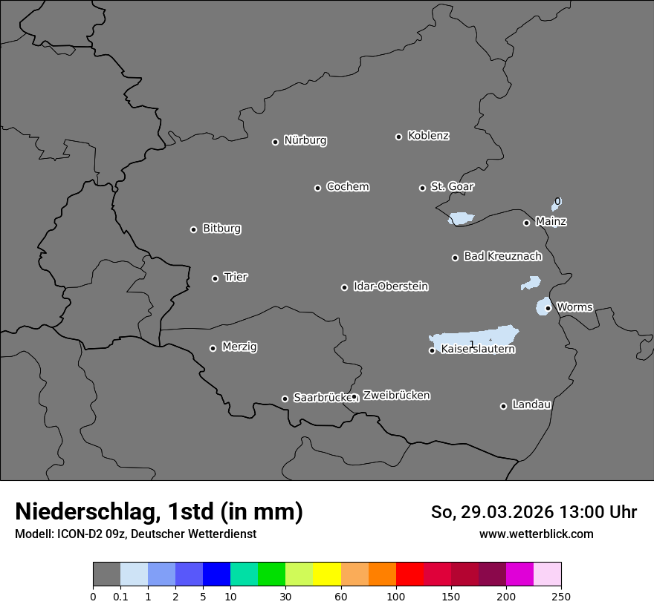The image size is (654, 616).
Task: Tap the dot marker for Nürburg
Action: tap(275, 142)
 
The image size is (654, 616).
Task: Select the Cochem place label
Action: tap(347, 187)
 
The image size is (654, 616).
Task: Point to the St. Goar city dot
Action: tap(422, 188)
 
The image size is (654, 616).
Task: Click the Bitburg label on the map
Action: tap(221, 229)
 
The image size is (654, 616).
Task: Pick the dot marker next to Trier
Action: tap(215, 278)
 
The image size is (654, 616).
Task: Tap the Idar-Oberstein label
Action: tap(390, 286)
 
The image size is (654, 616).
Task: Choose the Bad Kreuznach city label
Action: tap(502, 256)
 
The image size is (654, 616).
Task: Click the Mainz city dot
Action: tap(526, 223)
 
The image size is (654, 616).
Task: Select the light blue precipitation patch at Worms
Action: tap(542, 307)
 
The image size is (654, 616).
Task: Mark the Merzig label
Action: tap(239, 347)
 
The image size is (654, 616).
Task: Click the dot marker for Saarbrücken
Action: tap(285, 399)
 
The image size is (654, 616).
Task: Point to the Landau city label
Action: tap(531, 404)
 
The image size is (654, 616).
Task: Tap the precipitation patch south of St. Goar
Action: tap(461, 218)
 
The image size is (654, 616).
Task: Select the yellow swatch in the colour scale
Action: tap(327, 574)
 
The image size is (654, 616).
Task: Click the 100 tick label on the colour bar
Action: tap(396, 595)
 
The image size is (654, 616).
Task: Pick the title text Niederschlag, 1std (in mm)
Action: tap(159, 511)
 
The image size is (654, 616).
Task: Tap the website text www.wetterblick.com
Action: tap(536, 534)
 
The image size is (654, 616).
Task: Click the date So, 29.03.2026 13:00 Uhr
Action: tap(534, 512)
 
